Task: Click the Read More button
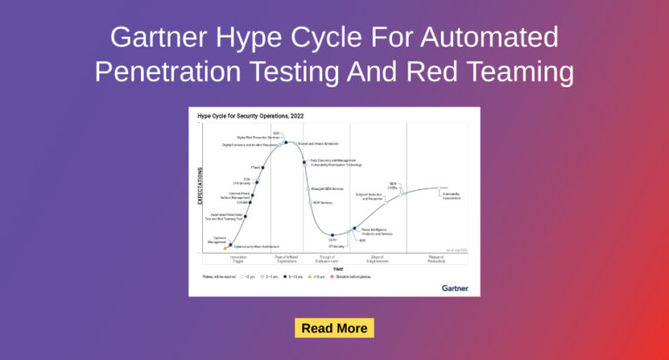pyautogui.click(x=334, y=329)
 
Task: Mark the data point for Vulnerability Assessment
pyautogui.click(x=440, y=189)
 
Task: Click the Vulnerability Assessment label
pyautogui.click(x=451, y=196)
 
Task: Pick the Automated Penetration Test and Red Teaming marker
pyautogui.click(x=246, y=216)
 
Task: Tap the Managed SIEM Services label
pyautogui.click(x=325, y=188)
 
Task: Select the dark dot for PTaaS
pyautogui.click(x=263, y=167)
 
